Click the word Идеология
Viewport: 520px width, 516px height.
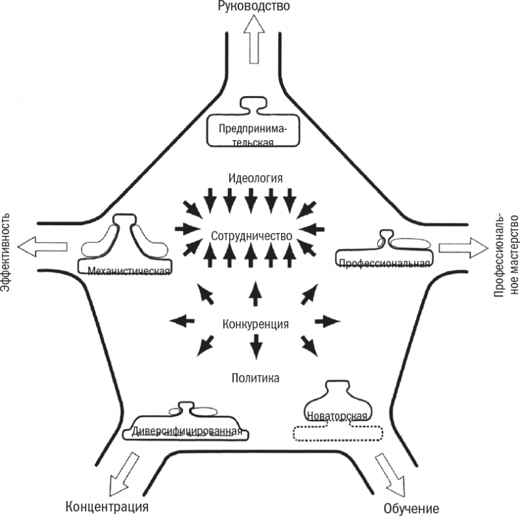[256, 178]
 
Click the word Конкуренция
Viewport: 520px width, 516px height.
[255, 324]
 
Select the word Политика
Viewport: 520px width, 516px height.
[256, 378]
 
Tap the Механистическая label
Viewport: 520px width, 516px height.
[124, 270]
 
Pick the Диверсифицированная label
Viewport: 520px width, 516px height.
[187, 432]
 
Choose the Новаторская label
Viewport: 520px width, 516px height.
[337, 415]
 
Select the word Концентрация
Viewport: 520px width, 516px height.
[108, 506]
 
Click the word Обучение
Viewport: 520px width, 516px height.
[411, 508]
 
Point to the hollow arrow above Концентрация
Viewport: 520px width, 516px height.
[122, 474]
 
